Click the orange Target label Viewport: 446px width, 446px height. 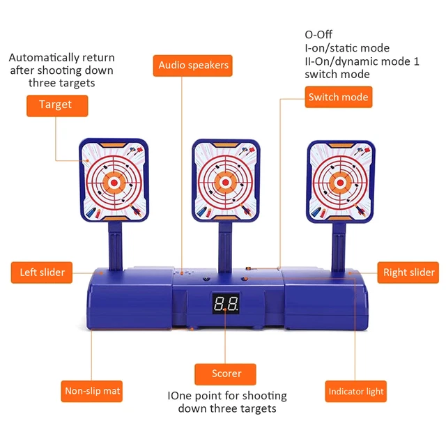pyautogui.click(x=56, y=105)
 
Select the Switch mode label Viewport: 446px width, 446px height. pyautogui.click(x=338, y=97)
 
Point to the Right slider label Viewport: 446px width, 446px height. pyautogui.click(x=408, y=272)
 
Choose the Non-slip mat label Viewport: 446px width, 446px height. pyautogui.click(x=92, y=391)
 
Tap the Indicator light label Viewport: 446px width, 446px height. pyautogui.click(x=356, y=392)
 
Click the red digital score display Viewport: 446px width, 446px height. pyautogui.click(x=226, y=305)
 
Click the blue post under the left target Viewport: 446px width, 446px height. pyautogui.click(x=115, y=247)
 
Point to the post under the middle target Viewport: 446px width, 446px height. pyautogui.click(x=224, y=247)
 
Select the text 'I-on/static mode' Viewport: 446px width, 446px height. pyautogui.click(x=346, y=48)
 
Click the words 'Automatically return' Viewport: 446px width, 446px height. pyautogui.click(x=61, y=58)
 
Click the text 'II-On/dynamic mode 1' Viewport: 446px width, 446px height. pyautogui.click(x=361, y=61)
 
